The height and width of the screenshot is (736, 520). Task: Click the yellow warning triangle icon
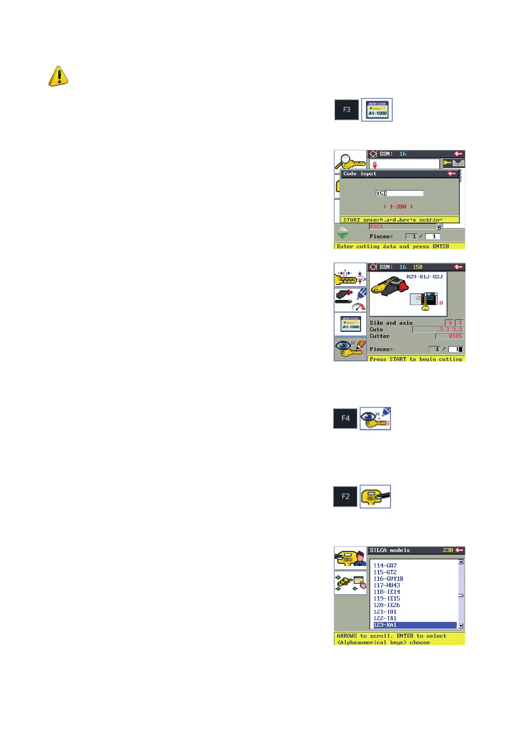pyautogui.click(x=58, y=76)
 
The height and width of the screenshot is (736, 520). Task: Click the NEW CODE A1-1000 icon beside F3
pyautogui.click(x=377, y=110)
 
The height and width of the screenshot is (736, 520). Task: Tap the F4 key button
pyautogui.click(x=345, y=418)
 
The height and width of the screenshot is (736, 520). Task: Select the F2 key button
pyautogui.click(x=345, y=496)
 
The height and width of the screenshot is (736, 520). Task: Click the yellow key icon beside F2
pyautogui.click(x=375, y=496)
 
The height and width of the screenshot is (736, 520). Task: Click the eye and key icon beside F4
pyautogui.click(x=375, y=418)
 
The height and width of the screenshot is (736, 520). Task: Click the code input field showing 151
pyautogui.click(x=399, y=193)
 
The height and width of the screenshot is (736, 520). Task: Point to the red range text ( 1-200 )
pyautogui.click(x=398, y=207)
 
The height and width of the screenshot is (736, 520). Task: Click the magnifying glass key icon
pyautogui.click(x=350, y=162)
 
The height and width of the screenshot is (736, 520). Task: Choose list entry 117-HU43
pyautogui.click(x=387, y=585)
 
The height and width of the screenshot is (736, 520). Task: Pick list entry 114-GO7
pyautogui.click(x=385, y=566)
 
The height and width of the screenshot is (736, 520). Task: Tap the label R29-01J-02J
pyautogui.click(x=424, y=277)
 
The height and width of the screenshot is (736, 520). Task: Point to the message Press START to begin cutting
pyautogui.click(x=416, y=359)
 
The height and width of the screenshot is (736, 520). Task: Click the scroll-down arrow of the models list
pyautogui.click(x=461, y=626)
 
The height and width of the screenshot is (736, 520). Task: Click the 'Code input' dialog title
pyautogui.click(x=360, y=174)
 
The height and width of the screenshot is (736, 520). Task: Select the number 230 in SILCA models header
pyautogui.click(x=448, y=550)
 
